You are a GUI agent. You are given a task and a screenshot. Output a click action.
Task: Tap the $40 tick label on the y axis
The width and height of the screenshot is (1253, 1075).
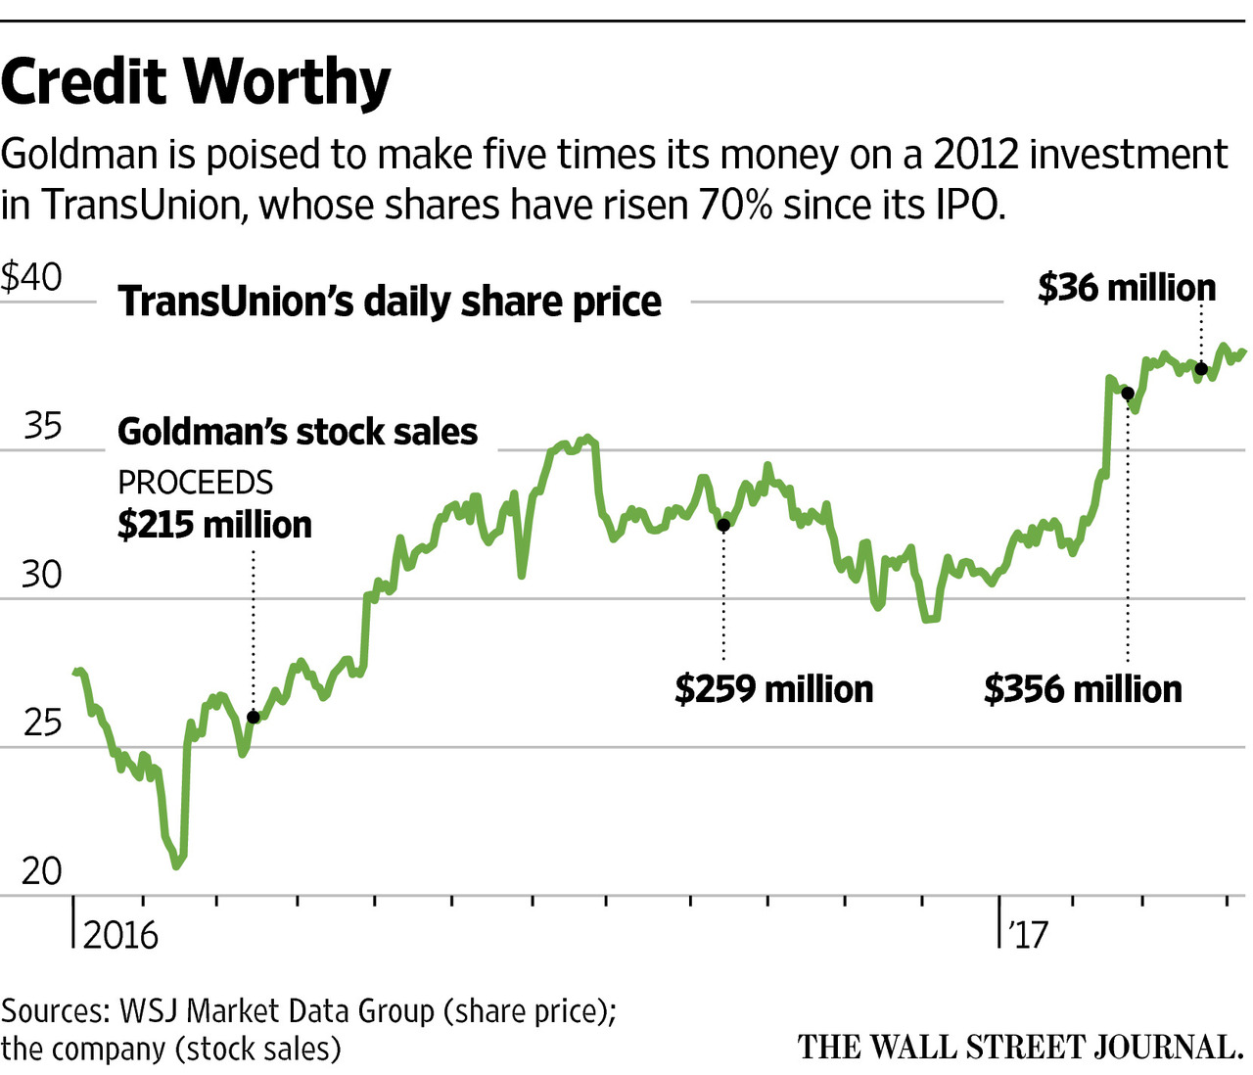click(31, 277)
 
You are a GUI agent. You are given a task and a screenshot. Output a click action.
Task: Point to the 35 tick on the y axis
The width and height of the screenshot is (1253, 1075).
click(42, 426)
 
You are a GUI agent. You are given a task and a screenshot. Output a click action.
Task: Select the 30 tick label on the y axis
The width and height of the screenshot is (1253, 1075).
click(42, 575)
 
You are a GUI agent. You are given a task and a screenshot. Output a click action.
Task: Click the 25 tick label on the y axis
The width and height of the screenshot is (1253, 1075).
click(42, 724)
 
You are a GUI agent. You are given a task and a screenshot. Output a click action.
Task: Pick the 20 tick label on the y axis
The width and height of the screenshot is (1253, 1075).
click(42, 870)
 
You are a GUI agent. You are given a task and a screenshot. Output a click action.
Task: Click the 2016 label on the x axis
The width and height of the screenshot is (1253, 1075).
click(120, 935)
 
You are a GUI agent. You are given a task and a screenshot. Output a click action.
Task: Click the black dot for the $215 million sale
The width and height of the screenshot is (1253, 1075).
click(254, 717)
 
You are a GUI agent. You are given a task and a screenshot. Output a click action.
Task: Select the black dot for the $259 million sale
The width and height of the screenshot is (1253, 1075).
click(723, 525)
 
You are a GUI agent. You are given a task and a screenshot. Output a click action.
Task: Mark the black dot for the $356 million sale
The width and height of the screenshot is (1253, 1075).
click(1127, 393)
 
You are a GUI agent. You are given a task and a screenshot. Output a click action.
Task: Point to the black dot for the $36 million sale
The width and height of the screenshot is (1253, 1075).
click(1201, 369)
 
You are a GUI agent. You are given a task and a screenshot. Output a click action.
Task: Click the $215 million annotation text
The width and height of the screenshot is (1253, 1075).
click(214, 525)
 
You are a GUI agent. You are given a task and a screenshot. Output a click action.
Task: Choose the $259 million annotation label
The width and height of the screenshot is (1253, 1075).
click(773, 689)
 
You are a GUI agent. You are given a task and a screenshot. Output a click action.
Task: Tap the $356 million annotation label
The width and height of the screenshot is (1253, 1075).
click(1083, 689)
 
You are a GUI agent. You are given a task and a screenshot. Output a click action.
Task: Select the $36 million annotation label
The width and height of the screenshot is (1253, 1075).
click(1127, 288)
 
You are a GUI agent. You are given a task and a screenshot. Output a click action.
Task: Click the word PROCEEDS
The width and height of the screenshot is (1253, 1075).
click(195, 483)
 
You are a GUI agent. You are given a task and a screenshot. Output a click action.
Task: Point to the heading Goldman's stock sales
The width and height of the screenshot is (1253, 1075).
click(298, 432)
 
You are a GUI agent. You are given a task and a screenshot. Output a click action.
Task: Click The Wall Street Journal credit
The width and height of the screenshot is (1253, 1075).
click(1019, 1047)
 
